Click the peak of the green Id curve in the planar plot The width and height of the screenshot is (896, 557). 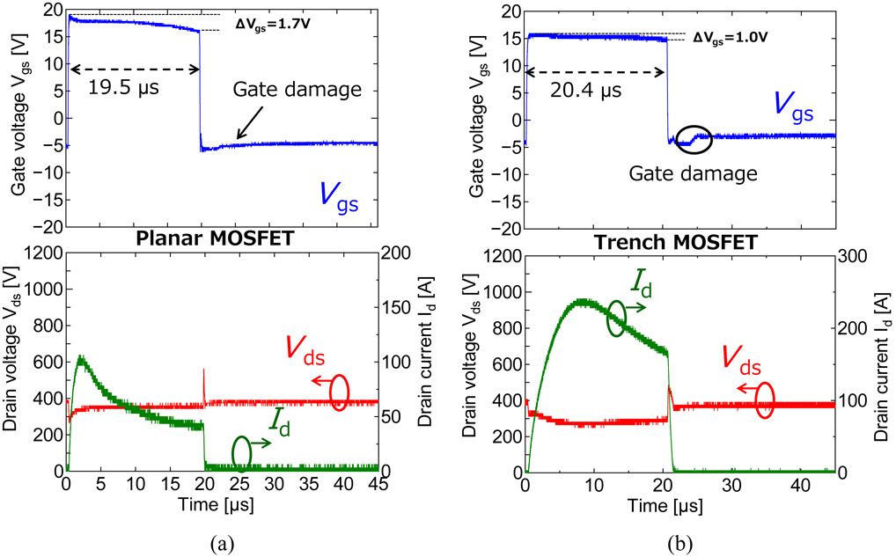81,357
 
